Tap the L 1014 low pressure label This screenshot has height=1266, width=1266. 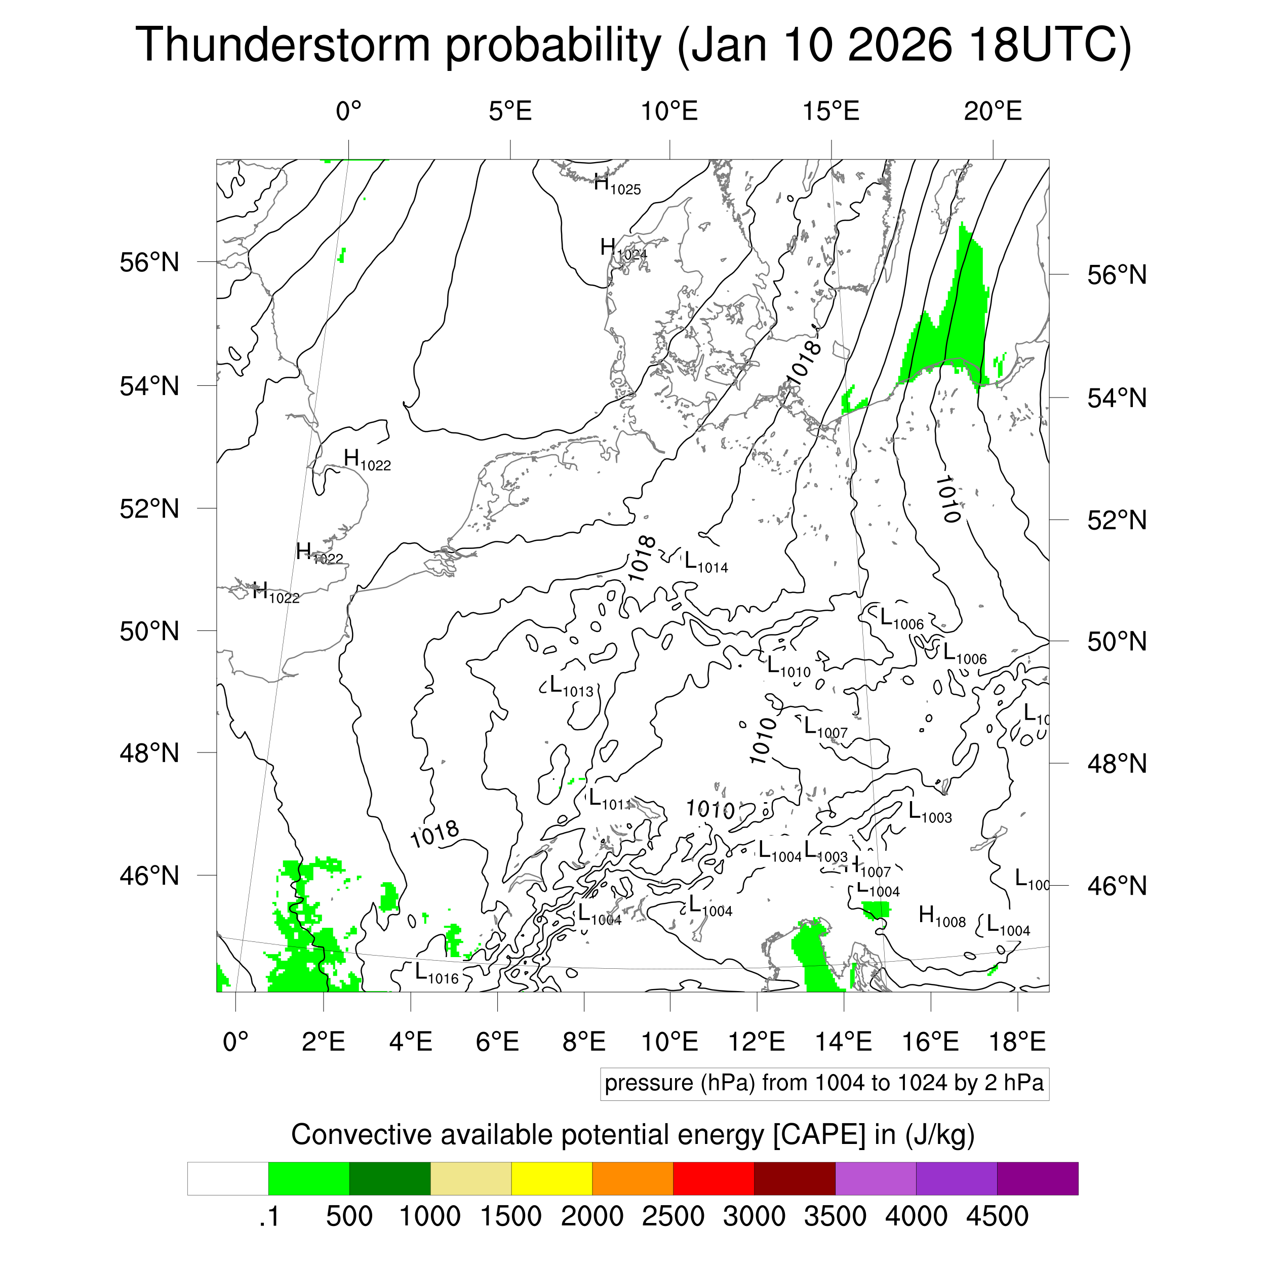[706, 563]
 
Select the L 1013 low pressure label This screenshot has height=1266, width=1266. [571, 686]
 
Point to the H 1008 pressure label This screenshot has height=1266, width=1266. [941, 916]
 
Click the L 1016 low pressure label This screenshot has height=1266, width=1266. [437, 973]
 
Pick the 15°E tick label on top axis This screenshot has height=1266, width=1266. [831, 111]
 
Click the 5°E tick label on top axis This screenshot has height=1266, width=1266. [510, 111]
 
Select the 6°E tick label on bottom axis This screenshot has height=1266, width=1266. [497, 1042]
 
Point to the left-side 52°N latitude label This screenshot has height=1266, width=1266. [149, 508]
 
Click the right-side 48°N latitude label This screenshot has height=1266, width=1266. [1117, 764]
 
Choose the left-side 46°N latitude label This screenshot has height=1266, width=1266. [149, 876]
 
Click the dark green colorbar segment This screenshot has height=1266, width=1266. [389, 1179]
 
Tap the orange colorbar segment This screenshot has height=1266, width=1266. [632, 1179]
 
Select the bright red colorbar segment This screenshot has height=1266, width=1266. [714, 1179]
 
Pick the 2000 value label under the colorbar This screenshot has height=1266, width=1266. [591, 1216]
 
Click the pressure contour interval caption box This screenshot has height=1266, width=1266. [824, 1083]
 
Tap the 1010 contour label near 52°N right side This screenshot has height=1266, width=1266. [947, 499]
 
